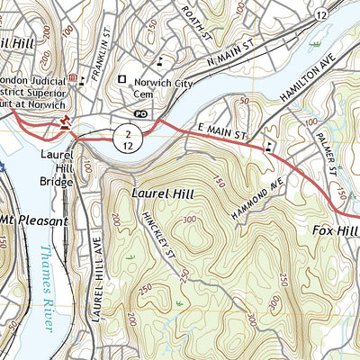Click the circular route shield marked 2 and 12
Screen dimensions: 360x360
(127, 138)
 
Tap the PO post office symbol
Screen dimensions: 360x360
(140, 114)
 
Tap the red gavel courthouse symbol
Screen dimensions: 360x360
(64, 121)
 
